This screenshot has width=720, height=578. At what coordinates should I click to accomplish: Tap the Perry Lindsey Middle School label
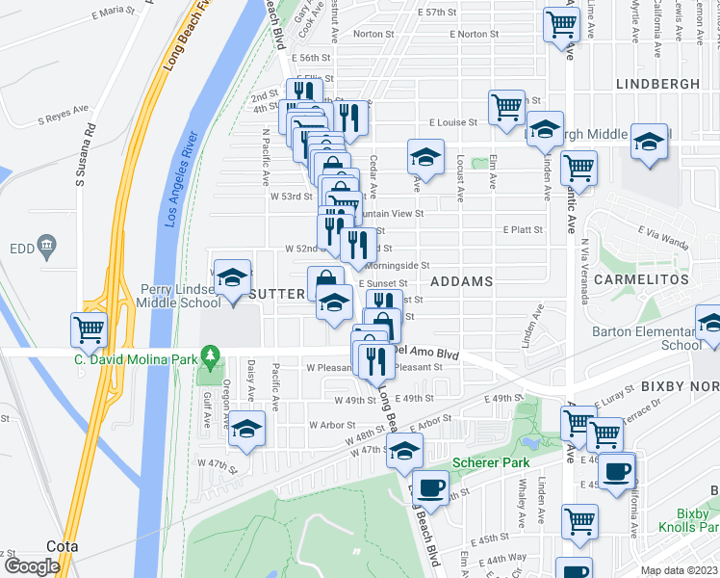tap(181, 295)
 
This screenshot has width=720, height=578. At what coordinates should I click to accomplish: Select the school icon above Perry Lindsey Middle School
tap(231, 279)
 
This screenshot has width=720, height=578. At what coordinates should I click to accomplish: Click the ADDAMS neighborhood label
tap(461, 281)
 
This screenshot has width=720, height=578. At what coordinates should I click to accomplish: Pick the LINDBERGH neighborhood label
tap(658, 85)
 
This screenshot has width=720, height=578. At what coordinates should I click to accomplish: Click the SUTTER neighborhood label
tap(277, 292)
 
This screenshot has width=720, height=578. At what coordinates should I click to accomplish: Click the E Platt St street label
tap(523, 230)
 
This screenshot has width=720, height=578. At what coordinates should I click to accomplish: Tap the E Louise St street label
tap(451, 123)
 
